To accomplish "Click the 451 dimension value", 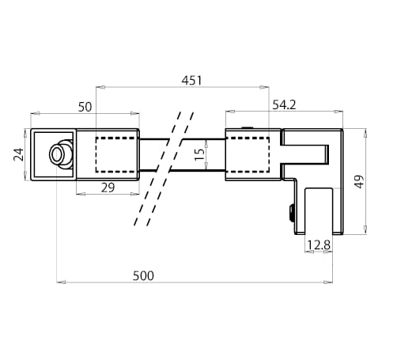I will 191,80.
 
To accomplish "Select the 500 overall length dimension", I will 142,275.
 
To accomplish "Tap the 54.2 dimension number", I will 285,104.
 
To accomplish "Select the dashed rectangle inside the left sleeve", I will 116,154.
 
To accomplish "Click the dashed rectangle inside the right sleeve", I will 249,154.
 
